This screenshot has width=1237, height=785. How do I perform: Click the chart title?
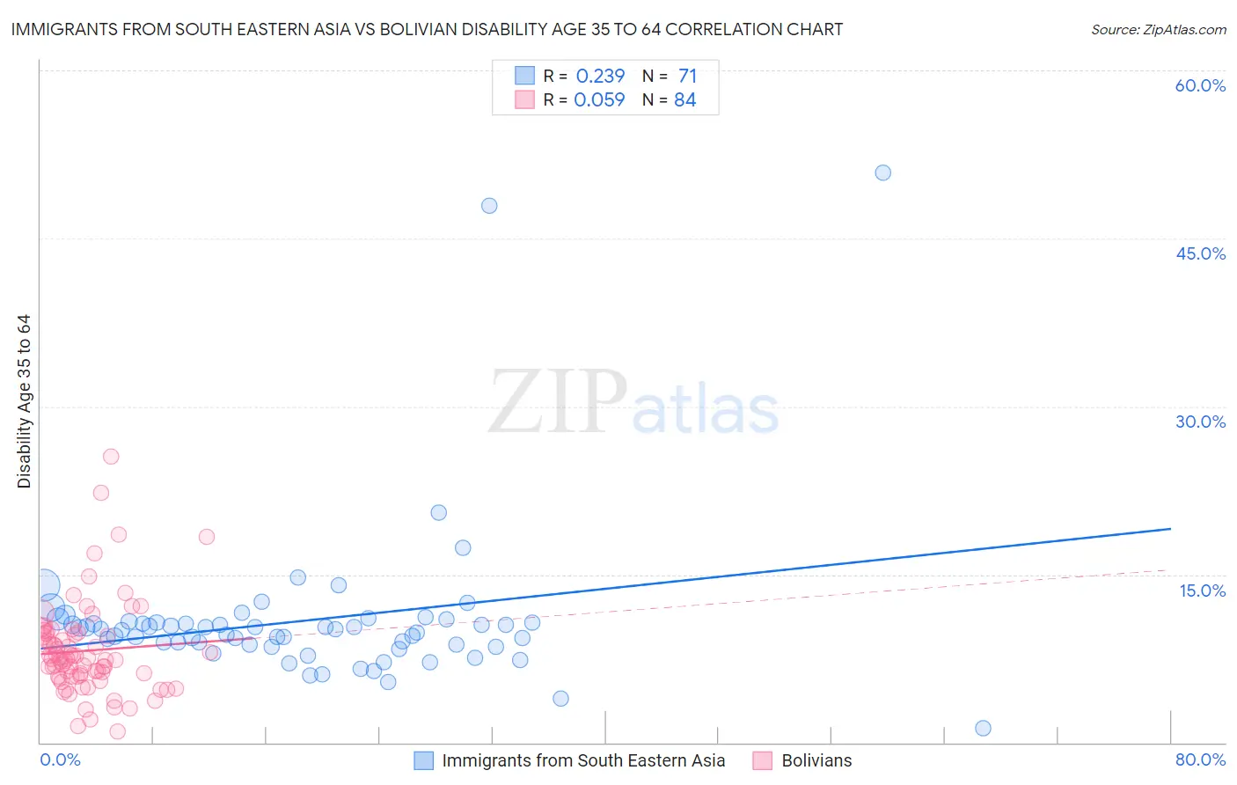click(x=427, y=29)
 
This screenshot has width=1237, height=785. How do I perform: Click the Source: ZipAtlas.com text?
click(x=1158, y=29)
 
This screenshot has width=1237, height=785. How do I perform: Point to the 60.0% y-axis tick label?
click(x=1200, y=85)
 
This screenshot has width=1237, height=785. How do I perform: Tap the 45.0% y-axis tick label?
click(x=1200, y=253)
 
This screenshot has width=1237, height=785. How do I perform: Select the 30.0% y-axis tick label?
click(x=1200, y=422)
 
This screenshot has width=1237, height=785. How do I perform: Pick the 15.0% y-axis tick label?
click(x=1202, y=591)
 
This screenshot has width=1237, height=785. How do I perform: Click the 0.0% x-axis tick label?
click(x=60, y=759)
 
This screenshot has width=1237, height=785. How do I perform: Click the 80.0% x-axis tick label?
click(x=1200, y=759)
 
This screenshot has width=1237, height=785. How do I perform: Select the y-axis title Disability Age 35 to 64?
click(x=24, y=401)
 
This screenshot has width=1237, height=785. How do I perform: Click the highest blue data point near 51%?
click(x=882, y=172)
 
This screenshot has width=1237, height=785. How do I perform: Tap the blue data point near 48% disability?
click(x=489, y=206)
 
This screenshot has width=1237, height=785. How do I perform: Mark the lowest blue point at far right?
click(x=983, y=728)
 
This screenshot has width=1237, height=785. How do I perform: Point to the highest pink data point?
click(x=111, y=456)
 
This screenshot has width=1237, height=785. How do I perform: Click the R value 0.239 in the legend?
click(x=600, y=76)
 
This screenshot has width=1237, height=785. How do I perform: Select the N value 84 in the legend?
click(x=684, y=99)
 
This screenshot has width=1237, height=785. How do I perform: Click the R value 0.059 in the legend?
click(x=599, y=99)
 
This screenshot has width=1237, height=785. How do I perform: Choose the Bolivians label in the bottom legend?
click(x=816, y=760)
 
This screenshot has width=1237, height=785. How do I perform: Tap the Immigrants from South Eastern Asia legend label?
click(x=583, y=760)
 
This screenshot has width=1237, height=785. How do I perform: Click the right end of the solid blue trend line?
click(x=1169, y=529)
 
